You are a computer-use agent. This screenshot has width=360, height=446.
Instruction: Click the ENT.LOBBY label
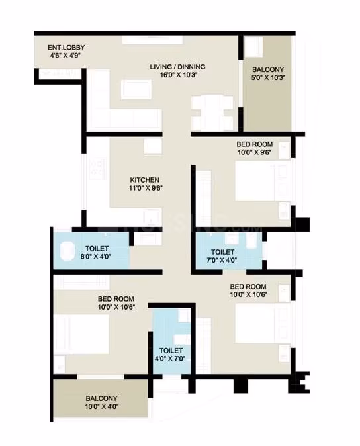click(x=66, y=47)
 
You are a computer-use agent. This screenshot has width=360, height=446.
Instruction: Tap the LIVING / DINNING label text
click(x=177, y=67)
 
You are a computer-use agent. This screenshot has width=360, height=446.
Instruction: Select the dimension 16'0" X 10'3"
click(x=177, y=75)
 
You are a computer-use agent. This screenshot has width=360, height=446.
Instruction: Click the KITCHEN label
click(x=144, y=180)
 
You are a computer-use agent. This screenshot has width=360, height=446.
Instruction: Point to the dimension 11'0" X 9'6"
click(x=146, y=188)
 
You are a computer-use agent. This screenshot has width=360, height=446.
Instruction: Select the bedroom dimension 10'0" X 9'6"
click(x=254, y=152)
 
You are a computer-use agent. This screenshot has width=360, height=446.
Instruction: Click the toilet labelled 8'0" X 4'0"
click(x=91, y=250)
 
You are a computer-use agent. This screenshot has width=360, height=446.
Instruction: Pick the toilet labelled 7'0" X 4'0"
click(x=229, y=250)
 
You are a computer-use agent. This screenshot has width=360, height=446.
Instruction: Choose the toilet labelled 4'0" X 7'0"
click(x=171, y=341)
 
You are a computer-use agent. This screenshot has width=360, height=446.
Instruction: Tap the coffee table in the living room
click(x=136, y=89)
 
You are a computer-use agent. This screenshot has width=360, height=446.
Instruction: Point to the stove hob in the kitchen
click(x=97, y=168)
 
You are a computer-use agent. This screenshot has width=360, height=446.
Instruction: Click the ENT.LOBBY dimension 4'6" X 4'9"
click(x=66, y=55)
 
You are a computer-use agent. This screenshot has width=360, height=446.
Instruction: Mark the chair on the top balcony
click(x=253, y=46)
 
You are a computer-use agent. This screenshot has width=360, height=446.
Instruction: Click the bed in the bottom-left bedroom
click(x=81, y=334)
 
